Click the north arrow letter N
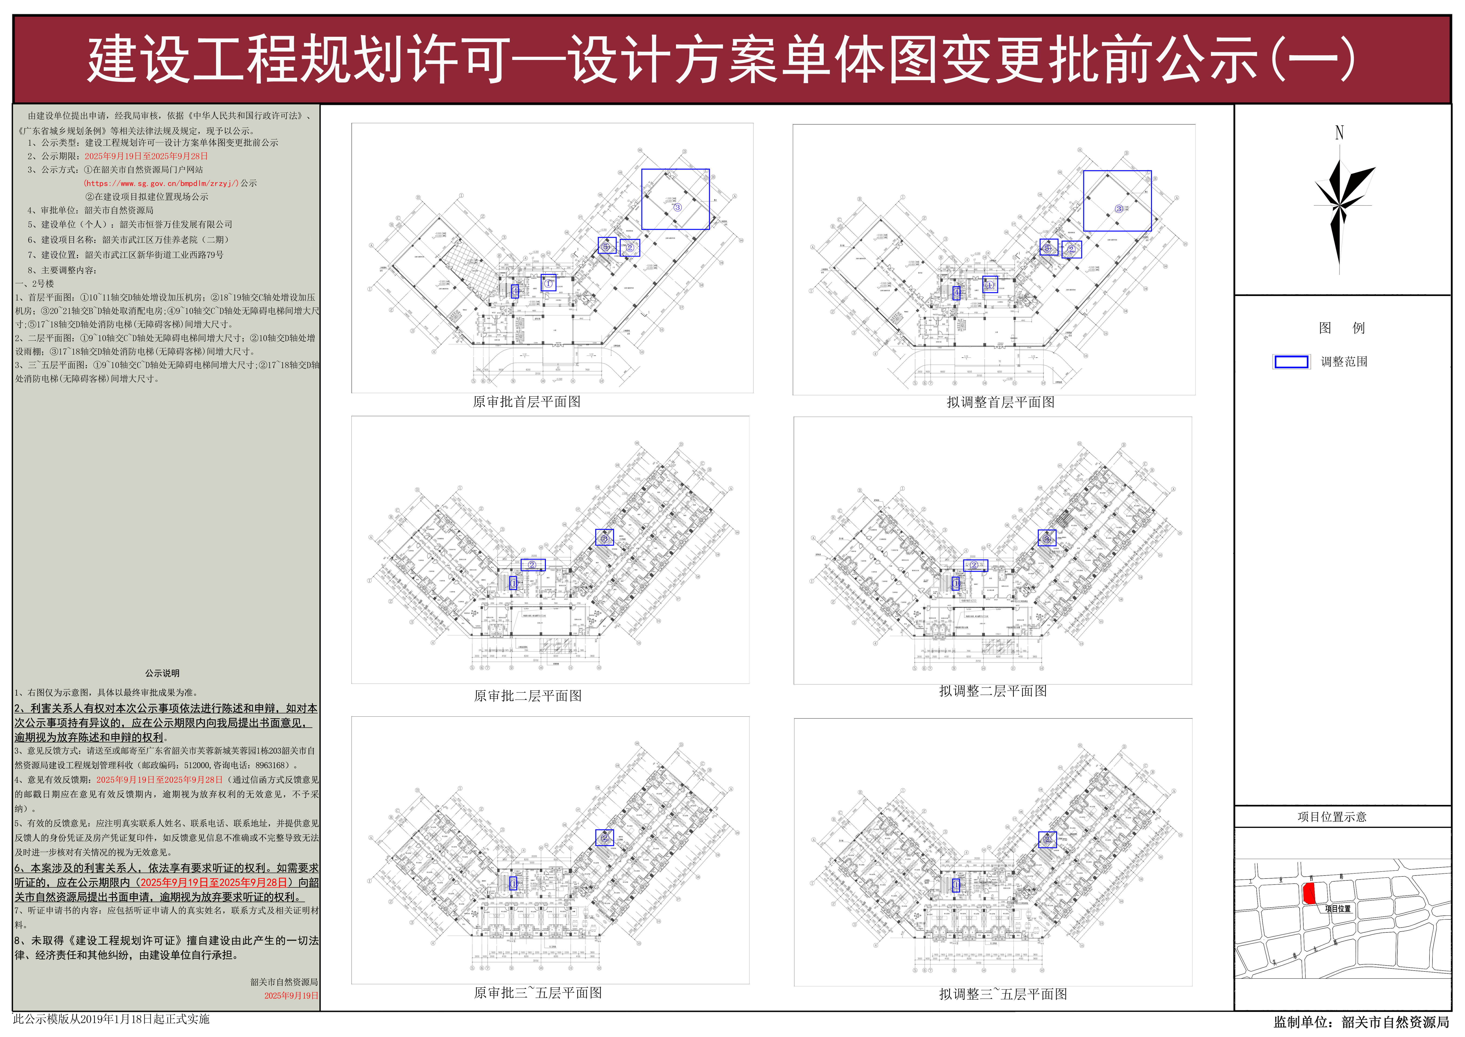coord(1339,133)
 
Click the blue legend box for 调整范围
coord(1291,362)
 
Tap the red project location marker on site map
coord(1309,894)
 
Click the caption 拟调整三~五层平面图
coord(1003,994)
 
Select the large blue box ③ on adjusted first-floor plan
coord(1117,201)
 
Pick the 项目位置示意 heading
coord(1332,817)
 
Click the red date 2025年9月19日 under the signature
coord(291,995)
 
